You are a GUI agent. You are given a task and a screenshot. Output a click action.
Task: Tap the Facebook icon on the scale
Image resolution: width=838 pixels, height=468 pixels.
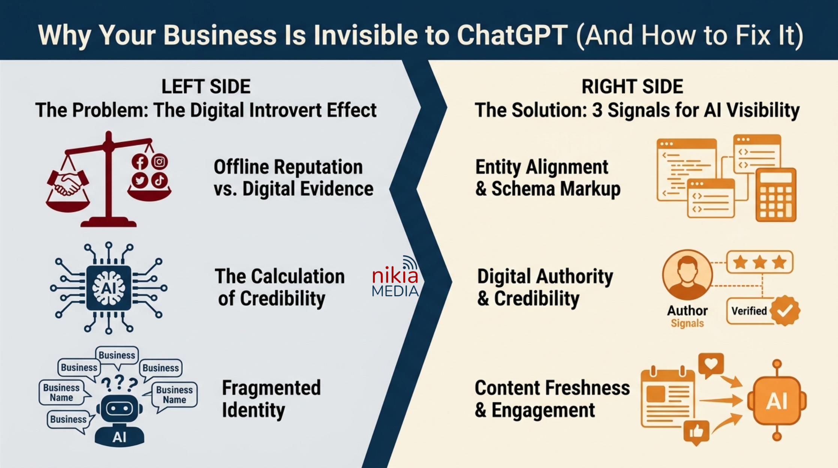[x=139, y=162]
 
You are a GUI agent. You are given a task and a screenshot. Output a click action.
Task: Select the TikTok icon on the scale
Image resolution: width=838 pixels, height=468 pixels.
[x=160, y=180]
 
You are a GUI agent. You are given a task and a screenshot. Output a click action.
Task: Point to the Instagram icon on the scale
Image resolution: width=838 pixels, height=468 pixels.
[x=160, y=162]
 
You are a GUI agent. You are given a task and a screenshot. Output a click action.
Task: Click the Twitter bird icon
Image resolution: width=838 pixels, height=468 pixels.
[x=140, y=180]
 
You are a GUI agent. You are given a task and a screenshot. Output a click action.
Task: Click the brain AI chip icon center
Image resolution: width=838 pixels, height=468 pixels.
[x=109, y=288]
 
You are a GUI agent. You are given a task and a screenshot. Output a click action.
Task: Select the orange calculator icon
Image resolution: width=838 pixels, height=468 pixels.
[x=775, y=195]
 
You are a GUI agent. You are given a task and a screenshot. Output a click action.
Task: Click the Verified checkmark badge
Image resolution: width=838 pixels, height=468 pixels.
[x=785, y=310]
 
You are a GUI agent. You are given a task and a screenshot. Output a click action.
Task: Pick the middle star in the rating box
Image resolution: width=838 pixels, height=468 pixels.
[x=760, y=262]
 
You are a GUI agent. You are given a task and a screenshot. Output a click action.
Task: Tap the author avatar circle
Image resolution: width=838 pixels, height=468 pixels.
[x=687, y=275]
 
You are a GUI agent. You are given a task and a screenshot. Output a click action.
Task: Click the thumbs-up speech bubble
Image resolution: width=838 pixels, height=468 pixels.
[x=696, y=432]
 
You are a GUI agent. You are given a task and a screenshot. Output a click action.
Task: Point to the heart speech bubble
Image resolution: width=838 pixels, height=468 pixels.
[x=711, y=364]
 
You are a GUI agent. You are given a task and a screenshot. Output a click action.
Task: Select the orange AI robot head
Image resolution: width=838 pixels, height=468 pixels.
[x=777, y=400]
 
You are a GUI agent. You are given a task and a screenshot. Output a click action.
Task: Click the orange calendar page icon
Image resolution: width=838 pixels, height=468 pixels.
[x=668, y=398]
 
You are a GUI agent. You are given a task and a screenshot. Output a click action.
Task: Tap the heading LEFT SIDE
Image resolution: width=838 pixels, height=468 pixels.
[x=206, y=87]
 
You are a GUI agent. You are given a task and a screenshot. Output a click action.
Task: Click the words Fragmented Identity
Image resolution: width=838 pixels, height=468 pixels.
[x=271, y=399]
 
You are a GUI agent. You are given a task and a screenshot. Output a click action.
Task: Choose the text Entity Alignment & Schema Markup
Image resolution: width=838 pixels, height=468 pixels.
[x=547, y=178]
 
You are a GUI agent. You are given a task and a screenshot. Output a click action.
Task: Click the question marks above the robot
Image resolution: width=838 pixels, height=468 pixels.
[x=119, y=383]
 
